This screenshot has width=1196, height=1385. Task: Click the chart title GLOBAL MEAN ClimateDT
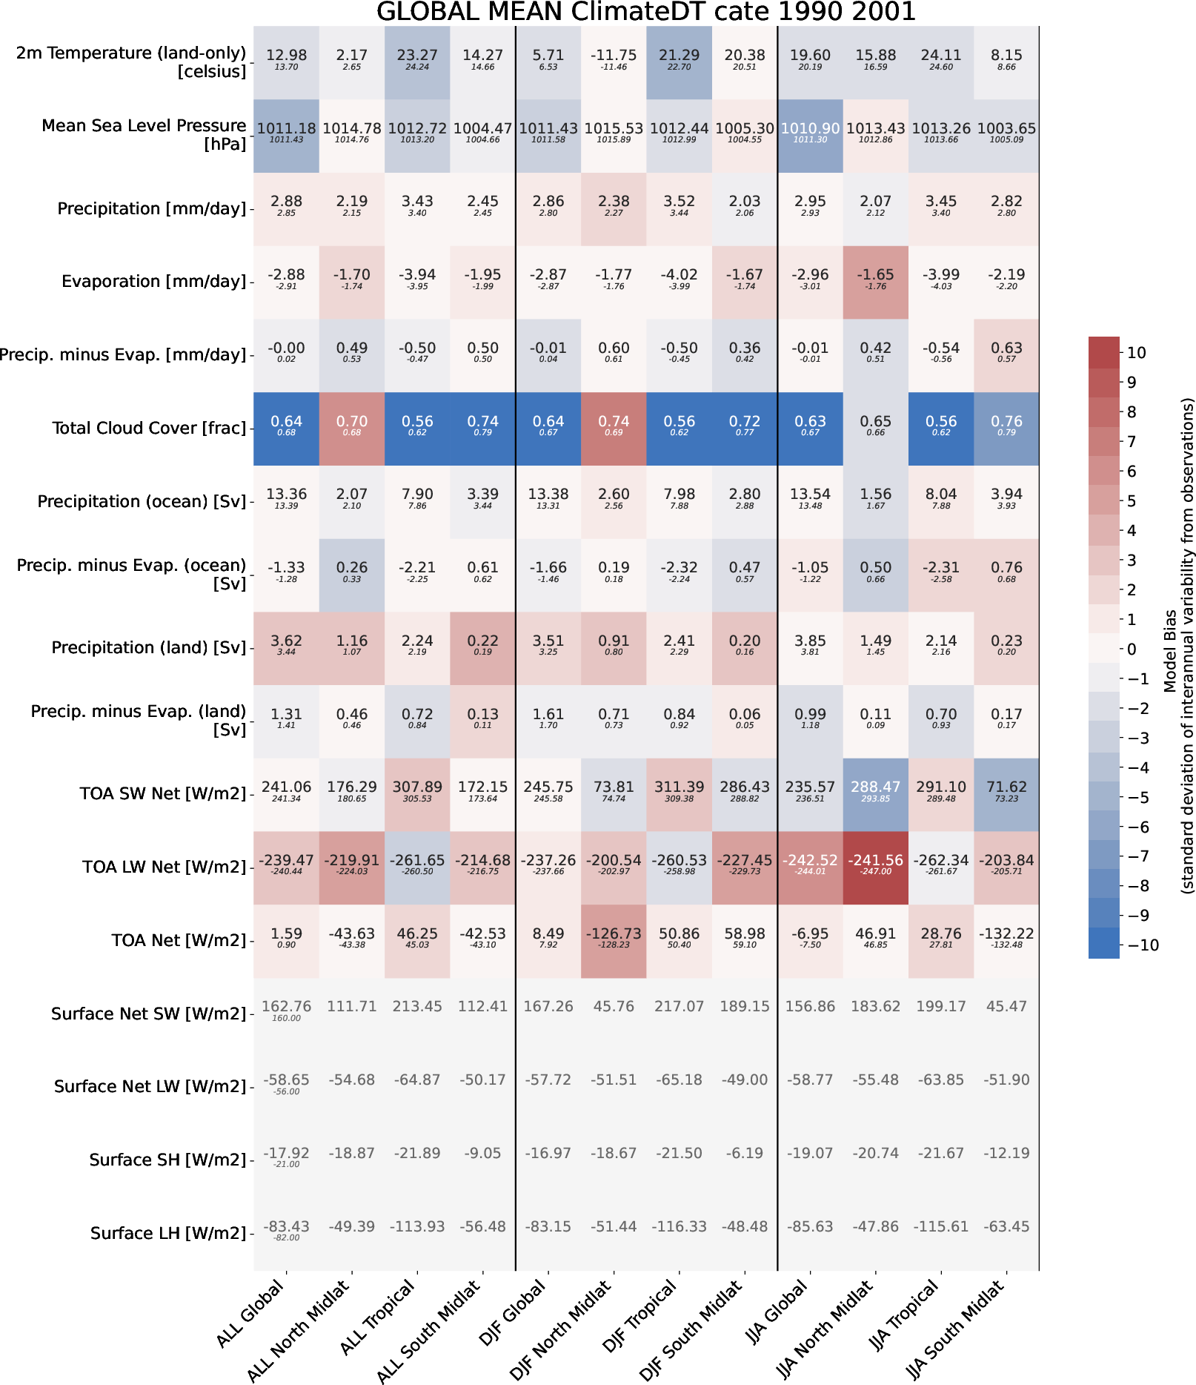coord(645,12)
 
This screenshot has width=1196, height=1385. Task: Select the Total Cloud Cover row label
coord(148,428)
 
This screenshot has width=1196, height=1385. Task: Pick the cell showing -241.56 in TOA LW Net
coord(875,867)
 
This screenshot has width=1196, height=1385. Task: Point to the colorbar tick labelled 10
coord(1136,353)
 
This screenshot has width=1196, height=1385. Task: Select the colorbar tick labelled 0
coord(1132,649)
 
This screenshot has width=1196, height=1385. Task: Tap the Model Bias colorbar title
coord(1178,646)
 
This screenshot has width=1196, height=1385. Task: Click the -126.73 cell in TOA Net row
coord(614,940)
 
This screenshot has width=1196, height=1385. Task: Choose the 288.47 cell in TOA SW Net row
coord(875,793)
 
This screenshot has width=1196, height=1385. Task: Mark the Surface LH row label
coord(167,1233)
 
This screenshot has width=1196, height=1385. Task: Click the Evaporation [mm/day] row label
coord(153,281)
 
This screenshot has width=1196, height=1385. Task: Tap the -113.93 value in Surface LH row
coord(417,1227)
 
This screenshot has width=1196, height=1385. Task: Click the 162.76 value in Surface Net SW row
coord(286,1007)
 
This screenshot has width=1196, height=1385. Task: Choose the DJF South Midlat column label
coord(691,1330)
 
